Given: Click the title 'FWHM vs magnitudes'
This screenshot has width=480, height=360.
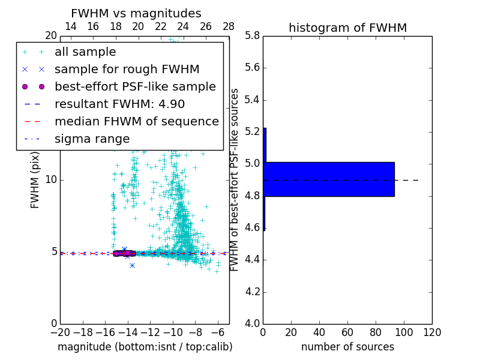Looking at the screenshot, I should pos(136,13).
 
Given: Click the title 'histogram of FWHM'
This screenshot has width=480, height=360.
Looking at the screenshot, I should pos(347,28).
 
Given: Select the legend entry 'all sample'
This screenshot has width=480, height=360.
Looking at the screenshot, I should pos(85,52).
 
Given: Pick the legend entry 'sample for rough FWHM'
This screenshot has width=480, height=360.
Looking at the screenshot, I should pos(127,70).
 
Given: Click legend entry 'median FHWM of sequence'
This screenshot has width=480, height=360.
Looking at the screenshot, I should pos(136,122).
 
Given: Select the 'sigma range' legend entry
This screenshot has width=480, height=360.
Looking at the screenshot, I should pos(92,139).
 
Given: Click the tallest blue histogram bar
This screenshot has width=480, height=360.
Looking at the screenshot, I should pos(329,179).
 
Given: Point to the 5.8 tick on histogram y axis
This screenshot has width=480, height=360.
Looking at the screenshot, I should pos(253,36).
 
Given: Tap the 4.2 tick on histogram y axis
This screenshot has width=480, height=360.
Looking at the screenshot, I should pos(253,292).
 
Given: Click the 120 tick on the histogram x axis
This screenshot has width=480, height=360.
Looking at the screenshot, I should pos(432,332).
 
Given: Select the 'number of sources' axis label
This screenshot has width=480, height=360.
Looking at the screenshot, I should pos(347,347).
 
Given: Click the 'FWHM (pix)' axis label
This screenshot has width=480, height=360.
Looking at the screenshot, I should pos(35,179).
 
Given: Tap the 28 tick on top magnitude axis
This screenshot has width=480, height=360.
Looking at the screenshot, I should pos(229,26).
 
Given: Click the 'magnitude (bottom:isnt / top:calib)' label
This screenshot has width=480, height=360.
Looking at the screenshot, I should pos(145,347).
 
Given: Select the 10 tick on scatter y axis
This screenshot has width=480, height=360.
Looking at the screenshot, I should pos(51,180).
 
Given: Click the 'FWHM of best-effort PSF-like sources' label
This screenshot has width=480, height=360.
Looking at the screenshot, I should pos(235,179).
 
